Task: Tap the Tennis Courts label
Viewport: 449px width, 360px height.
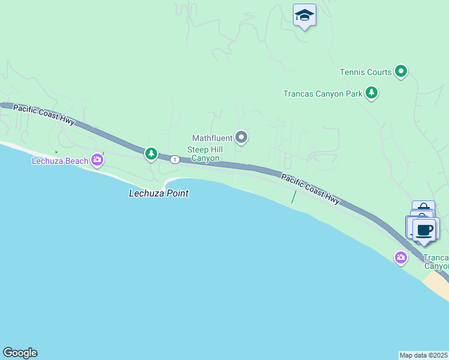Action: click(366, 72)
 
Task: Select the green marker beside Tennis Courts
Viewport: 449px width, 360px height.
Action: click(401, 72)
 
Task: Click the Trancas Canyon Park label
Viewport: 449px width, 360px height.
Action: click(323, 94)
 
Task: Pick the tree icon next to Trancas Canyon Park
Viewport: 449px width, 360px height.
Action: click(372, 93)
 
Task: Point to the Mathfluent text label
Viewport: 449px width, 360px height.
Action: click(212, 139)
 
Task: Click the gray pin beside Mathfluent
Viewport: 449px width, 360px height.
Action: click(241, 138)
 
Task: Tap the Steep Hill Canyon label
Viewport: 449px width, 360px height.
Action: click(205, 154)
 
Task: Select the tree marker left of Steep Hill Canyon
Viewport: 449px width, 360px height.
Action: click(151, 154)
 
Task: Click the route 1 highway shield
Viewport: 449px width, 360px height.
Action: click(175, 159)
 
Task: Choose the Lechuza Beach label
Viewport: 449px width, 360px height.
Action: click(60, 161)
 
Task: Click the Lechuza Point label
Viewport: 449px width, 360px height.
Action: click(159, 193)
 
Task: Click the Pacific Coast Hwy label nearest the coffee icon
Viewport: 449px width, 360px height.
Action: click(310, 188)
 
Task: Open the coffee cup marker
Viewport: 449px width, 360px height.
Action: click(425, 230)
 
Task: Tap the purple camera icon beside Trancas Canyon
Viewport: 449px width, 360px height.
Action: click(401, 257)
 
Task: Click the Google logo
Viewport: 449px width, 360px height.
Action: click(20, 353)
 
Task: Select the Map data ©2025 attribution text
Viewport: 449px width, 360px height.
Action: click(424, 355)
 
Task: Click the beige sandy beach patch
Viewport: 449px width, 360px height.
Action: click(438, 284)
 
